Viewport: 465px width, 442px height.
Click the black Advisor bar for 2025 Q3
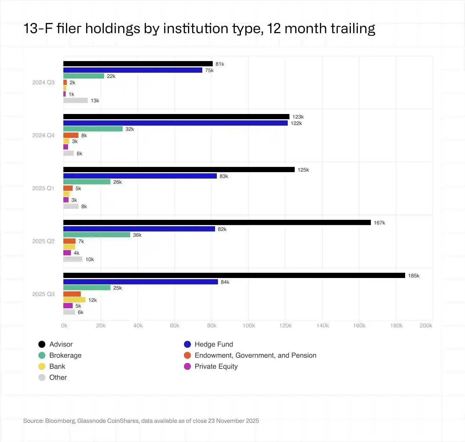tap(234, 275)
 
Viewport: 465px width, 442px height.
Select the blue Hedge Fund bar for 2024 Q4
tap(175, 123)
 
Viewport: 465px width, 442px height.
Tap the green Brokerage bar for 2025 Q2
tap(96, 235)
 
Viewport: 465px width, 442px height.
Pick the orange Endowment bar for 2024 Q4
tap(71, 135)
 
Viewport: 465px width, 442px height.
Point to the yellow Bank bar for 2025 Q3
tap(74, 300)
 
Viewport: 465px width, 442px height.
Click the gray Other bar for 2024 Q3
tap(76, 100)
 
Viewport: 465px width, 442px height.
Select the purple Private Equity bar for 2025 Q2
tap(67, 253)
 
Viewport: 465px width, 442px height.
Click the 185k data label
tap(414, 276)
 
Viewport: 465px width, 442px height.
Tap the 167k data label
tap(379, 223)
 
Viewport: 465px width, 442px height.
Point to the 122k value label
tap(296, 123)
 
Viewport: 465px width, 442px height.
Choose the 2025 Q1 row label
tap(43, 188)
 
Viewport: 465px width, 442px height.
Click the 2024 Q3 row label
tap(43, 82)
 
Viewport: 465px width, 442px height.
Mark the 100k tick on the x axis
tap(249, 325)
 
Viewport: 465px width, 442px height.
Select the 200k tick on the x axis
tap(426, 325)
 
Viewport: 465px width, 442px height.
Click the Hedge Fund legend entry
tap(214, 344)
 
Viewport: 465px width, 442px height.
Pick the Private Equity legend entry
tap(216, 366)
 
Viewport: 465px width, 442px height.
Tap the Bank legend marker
tap(42, 366)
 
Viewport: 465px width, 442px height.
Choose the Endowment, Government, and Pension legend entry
tap(255, 355)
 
